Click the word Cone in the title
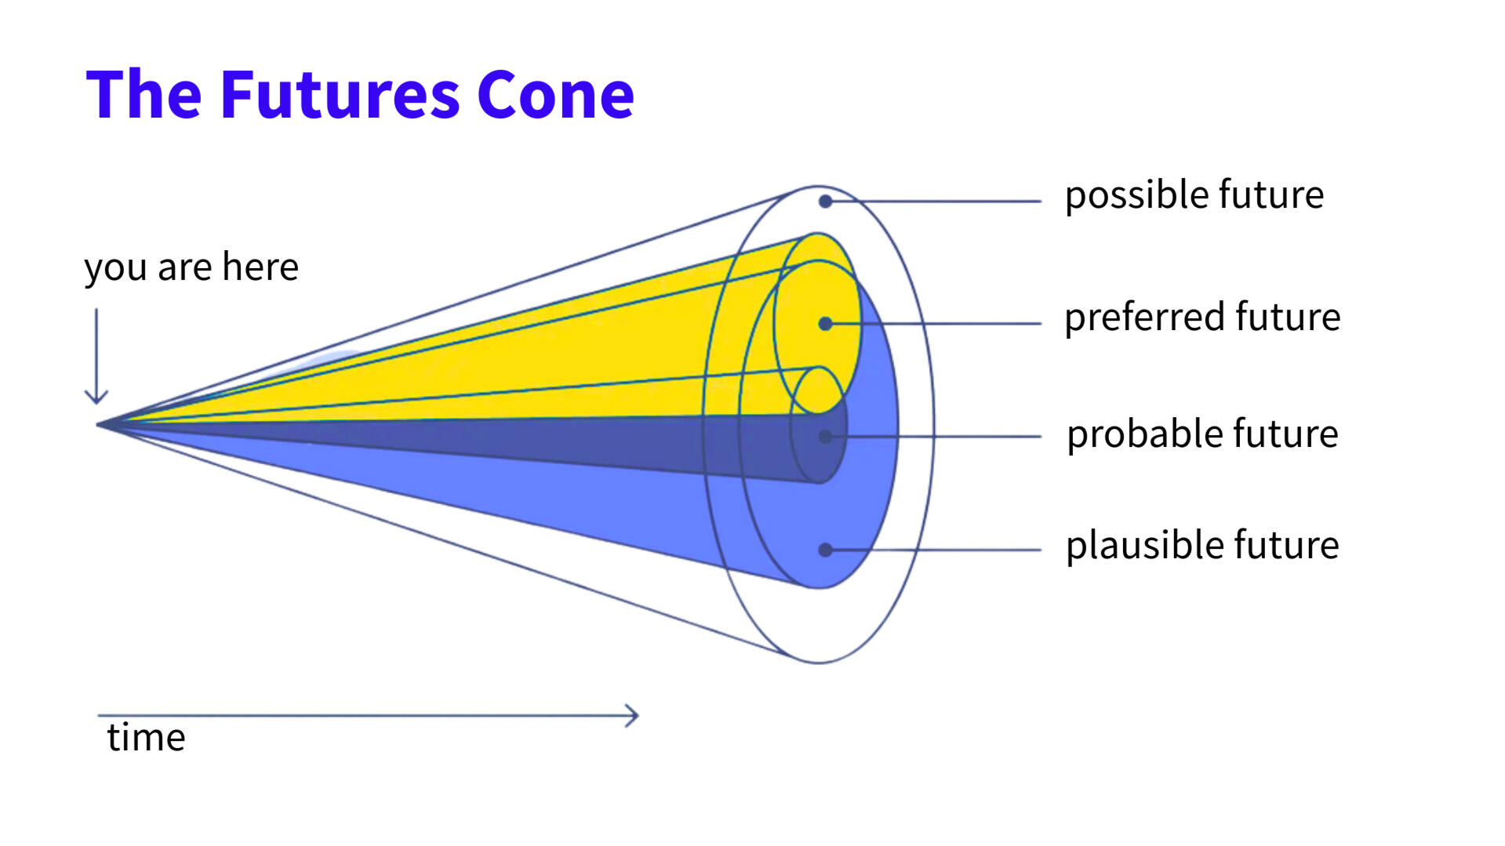555,96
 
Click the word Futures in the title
340,96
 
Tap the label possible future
1194,194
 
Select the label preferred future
1201,317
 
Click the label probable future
1201,434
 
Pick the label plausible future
1201,545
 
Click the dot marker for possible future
825,202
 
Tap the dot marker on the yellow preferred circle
825,324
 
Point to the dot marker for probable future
825,437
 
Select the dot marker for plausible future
825,550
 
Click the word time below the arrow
146,738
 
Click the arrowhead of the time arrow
634,715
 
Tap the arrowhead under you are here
96,398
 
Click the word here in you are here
260,267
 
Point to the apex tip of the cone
99,424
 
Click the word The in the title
144,96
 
